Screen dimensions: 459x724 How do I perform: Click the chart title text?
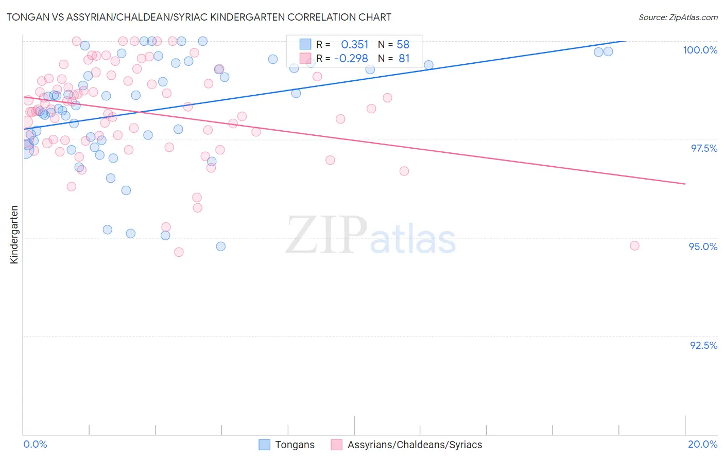pyautogui.click(x=199, y=17)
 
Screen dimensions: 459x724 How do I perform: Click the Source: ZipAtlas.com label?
pyautogui.click(x=678, y=17)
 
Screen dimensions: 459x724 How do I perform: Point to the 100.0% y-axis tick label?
pyautogui.click(x=700, y=50)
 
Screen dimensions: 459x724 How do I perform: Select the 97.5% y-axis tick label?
pyautogui.click(x=703, y=148)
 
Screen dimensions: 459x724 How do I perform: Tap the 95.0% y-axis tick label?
pyautogui.click(x=703, y=246)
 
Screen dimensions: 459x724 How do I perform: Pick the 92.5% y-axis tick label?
pyautogui.click(x=703, y=345)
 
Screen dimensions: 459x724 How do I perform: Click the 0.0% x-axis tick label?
pyautogui.click(x=35, y=444)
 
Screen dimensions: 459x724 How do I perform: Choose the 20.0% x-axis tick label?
pyautogui.click(x=702, y=444)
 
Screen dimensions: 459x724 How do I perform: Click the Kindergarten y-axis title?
pyautogui.click(x=14, y=235)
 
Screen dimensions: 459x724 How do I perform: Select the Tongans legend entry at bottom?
pyautogui.click(x=294, y=445)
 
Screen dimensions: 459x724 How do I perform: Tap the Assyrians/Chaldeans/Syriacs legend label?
pyautogui.click(x=415, y=445)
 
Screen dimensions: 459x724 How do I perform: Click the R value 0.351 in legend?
pyautogui.click(x=355, y=45)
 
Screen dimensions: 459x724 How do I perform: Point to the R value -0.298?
pyautogui.click(x=351, y=59)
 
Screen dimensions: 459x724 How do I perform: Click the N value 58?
pyautogui.click(x=403, y=45)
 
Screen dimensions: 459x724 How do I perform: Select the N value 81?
pyautogui.click(x=404, y=59)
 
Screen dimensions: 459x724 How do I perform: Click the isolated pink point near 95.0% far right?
pyautogui.click(x=634, y=246)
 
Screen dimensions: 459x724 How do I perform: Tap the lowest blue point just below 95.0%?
pyautogui.click(x=220, y=246)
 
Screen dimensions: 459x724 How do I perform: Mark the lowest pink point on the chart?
pyautogui.click(x=179, y=252)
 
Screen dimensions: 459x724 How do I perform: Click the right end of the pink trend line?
pyautogui.click(x=685, y=184)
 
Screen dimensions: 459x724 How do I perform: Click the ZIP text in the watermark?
pyautogui.click(x=326, y=236)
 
